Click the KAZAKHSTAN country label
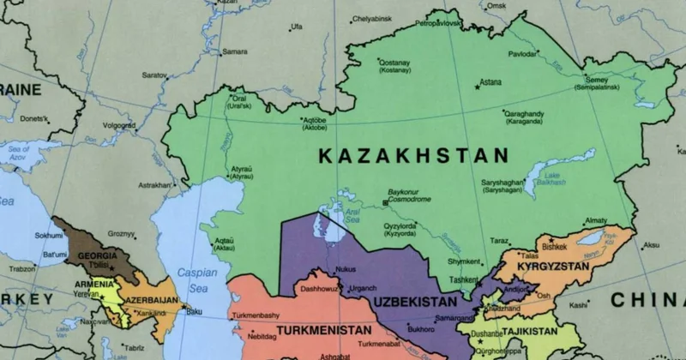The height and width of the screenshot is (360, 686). tap(413, 156)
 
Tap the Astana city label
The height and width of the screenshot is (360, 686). tap(490, 82)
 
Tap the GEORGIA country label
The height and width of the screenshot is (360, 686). tap(97, 255)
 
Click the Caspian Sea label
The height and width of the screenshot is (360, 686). tap(197, 278)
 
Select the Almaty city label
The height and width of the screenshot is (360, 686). tap(594, 221)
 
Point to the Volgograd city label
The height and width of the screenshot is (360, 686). tap(119, 125)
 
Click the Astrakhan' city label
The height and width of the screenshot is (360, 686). tap(155, 184)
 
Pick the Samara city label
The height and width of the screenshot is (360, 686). tap(235, 51)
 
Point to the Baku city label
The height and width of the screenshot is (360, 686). tap(195, 311)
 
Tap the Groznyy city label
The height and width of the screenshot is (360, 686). tap(121, 233)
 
